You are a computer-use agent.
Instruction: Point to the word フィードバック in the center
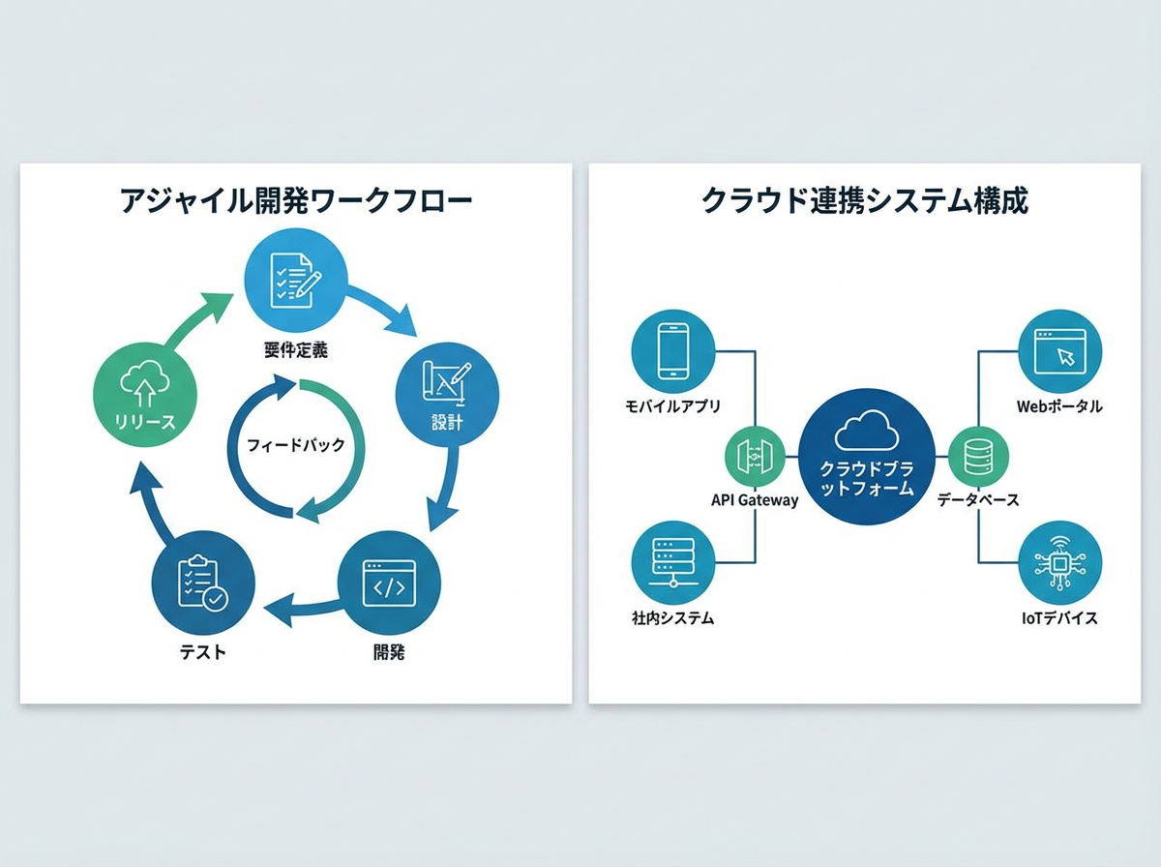point(296,446)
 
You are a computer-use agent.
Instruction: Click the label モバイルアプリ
point(672,406)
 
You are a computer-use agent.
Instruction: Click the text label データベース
point(978,500)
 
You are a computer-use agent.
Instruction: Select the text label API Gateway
point(755,500)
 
